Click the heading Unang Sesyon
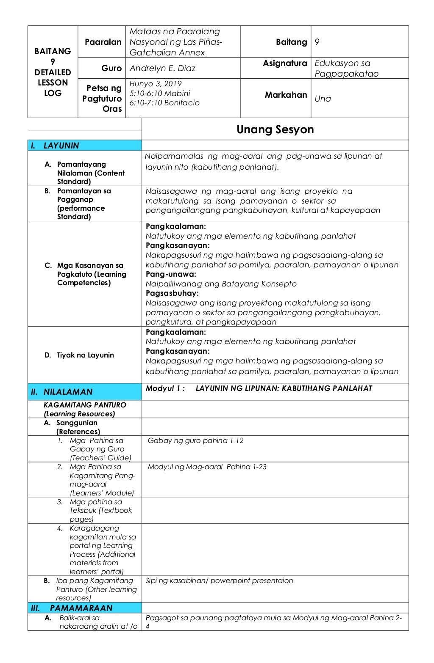click(275, 129)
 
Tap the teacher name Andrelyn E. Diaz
click(162, 68)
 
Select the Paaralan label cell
click(103, 42)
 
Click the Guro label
click(111, 68)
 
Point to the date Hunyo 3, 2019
click(155, 84)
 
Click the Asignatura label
click(285, 63)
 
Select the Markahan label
click(286, 95)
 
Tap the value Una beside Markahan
click(323, 99)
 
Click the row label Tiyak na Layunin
click(85, 355)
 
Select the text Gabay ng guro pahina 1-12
click(195, 440)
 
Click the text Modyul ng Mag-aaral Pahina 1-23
click(207, 467)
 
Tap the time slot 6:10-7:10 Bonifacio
click(164, 103)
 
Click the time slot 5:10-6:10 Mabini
click(159, 94)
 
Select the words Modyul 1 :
click(165, 388)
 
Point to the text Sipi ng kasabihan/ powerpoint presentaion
click(219, 580)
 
